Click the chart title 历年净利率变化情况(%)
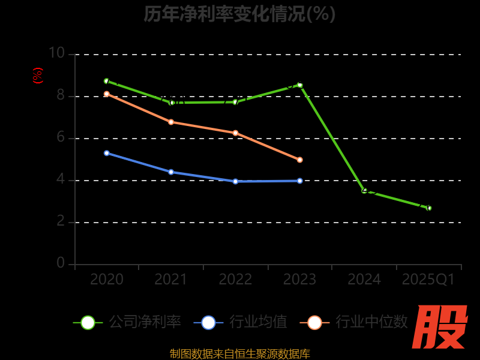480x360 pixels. (239, 14)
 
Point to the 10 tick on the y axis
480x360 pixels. (56, 53)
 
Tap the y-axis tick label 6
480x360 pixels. (61, 137)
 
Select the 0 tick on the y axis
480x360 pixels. (61, 263)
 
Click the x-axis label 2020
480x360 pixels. (106, 280)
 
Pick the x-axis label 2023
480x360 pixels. (299, 280)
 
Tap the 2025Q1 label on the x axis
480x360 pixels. (428, 280)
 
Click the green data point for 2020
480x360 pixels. (107, 81)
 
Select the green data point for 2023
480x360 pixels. (300, 85)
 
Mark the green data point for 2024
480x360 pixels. (364, 191)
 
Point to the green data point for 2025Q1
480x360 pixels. (429, 208)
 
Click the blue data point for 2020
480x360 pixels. (107, 153)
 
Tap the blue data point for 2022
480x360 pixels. (235, 181)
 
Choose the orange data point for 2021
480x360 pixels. (171, 122)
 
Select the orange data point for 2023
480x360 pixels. (300, 160)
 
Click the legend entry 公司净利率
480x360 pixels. (127, 322)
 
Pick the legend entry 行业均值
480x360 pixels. (240, 322)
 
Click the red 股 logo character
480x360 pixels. (441, 327)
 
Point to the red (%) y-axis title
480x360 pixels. (37, 76)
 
